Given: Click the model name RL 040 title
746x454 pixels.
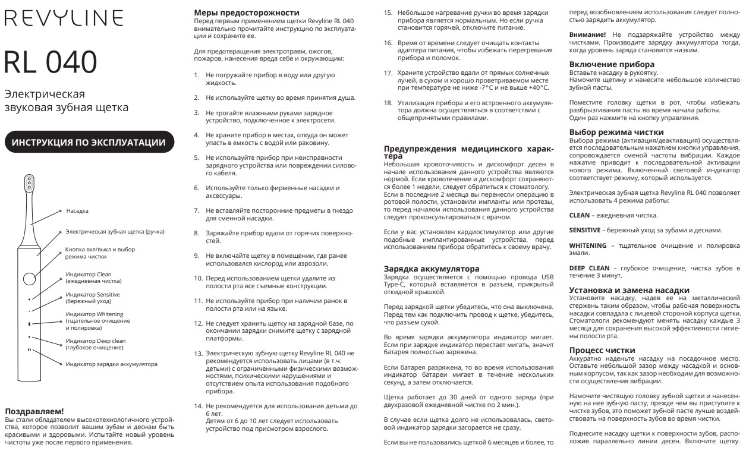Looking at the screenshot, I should [51, 61].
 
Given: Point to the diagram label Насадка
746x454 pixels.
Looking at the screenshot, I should [77, 211].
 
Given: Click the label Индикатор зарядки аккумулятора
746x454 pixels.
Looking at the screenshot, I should [111, 364].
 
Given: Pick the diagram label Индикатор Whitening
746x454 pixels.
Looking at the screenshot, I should [95, 314].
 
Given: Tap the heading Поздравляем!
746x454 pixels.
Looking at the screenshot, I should [34, 411].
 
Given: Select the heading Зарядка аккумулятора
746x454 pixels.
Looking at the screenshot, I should [431, 269].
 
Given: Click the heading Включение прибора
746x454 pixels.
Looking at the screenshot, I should [612, 64].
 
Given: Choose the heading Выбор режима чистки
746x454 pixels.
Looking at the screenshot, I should [616, 132].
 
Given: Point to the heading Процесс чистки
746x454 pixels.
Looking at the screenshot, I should [602, 350].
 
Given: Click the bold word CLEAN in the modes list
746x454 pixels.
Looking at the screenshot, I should [580, 216].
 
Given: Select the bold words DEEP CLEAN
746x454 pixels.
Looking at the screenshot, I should [589, 267].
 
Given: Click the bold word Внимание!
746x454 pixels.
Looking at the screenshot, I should [587, 35].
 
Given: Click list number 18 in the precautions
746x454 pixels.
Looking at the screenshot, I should [388, 103].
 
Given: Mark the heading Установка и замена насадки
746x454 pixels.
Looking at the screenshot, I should [629, 289].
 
